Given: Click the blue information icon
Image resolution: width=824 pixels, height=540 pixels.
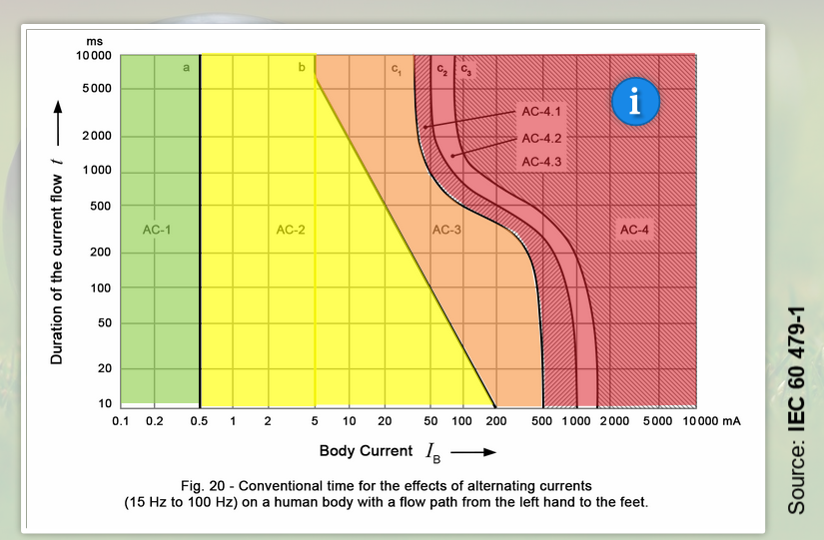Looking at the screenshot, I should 631,103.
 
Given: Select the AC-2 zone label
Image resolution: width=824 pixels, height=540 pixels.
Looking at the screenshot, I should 290,231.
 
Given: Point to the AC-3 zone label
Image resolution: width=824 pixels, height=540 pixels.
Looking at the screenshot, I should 446,231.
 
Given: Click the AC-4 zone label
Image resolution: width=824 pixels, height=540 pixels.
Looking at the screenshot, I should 635,231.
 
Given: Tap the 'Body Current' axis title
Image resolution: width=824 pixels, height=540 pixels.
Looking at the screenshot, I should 366,451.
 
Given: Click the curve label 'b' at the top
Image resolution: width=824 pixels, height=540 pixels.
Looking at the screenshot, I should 301,68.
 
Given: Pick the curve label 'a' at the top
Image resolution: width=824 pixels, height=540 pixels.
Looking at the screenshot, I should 186,68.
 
